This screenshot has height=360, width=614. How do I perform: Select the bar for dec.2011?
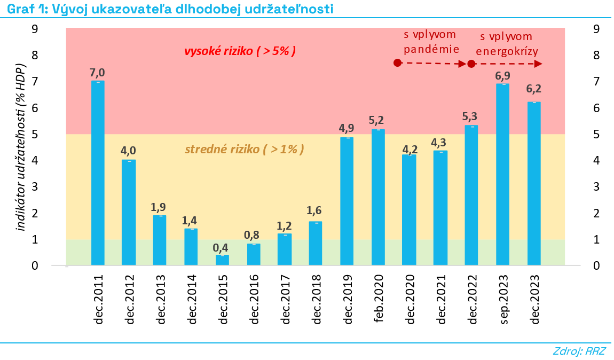[x=98, y=173]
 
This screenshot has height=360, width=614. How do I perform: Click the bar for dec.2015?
[x=222, y=260]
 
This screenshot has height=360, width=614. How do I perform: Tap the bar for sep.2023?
[x=503, y=174]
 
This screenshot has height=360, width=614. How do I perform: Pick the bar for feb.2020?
[x=378, y=197]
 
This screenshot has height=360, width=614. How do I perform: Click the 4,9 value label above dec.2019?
[x=347, y=129]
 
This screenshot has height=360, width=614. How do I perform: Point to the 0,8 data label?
[x=254, y=234]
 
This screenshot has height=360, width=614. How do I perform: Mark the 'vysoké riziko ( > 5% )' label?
[x=240, y=51]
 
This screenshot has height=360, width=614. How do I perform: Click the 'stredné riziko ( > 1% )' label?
[x=245, y=149]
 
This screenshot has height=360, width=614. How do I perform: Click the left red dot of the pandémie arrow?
[x=397, y=63]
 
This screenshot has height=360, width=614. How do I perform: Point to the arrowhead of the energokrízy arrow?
[x=539, y=64]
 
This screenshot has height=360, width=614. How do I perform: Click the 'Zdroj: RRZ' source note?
[x=580, y=351]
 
